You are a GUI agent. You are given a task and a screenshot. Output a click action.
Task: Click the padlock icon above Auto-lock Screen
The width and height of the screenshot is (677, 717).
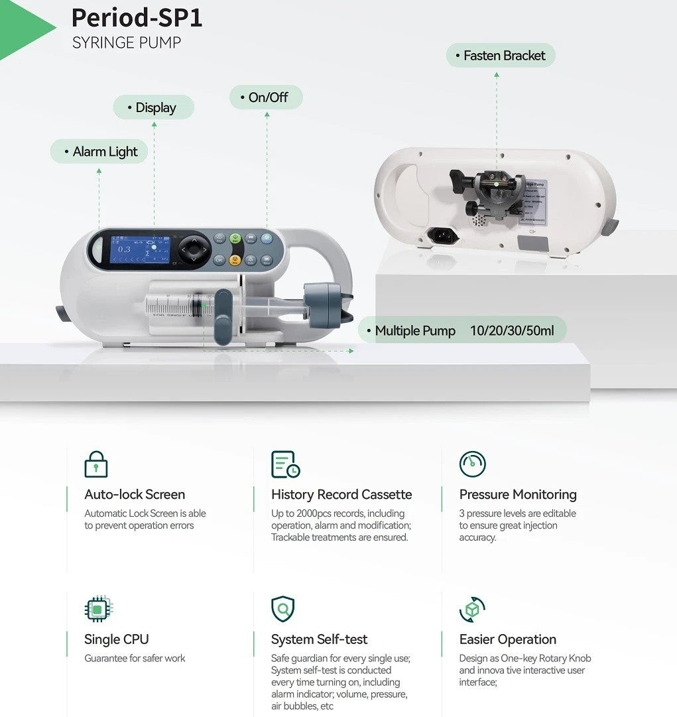tap(96, 464)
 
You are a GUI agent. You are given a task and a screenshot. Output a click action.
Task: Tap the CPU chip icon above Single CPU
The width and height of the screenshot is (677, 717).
tap(98, 609)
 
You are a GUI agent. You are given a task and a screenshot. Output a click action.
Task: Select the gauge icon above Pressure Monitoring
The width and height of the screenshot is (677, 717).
tap(472, 464)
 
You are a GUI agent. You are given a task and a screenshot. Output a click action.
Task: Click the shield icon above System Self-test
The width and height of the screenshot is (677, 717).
tap(283, 609)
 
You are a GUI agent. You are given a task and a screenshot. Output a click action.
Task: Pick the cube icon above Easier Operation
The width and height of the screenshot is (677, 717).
tap(472, 609)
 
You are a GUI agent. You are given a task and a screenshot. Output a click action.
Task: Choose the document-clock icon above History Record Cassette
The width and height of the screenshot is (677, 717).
tap(285, 464)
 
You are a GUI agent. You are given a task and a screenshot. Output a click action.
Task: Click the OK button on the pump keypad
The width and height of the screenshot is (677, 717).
tap(219, 259)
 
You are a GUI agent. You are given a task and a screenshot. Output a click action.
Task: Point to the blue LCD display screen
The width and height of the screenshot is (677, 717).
tap(139, 249)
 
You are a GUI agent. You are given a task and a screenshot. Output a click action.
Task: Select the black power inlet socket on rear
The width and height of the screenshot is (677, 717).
tap(438, 235)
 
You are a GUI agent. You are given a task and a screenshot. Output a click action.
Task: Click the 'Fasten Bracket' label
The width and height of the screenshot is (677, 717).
tap(501, 56)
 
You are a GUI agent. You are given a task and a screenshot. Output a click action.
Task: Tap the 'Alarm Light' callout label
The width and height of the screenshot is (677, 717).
tap(99, 151)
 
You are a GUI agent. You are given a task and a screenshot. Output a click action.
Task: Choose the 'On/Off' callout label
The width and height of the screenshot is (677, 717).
tap(266, 98)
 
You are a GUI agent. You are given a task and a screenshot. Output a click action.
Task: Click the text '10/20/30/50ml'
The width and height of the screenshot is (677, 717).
tap(511, 330)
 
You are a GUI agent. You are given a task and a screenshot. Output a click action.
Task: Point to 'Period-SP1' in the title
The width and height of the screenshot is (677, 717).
tap(137, 17)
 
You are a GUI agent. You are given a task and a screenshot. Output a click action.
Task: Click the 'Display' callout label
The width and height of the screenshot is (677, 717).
tap(153, 107)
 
